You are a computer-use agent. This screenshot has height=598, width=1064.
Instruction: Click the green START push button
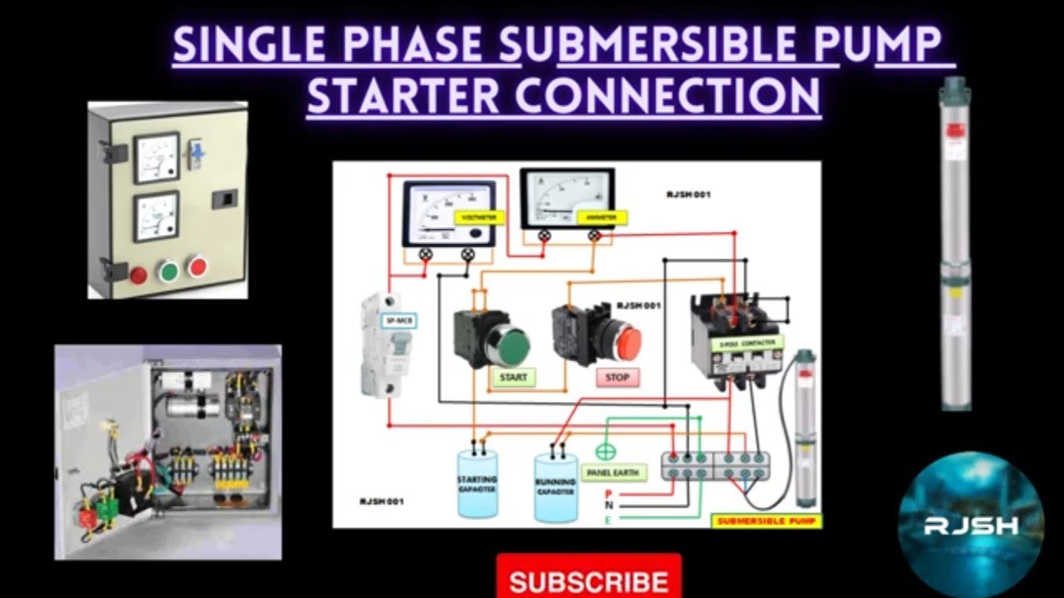click(510, 345)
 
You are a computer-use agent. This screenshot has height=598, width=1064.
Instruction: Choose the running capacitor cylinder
click(555, 488)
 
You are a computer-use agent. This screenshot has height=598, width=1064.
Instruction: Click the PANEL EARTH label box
click(617, 473)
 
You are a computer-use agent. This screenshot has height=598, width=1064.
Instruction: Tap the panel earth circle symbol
click(605, 453)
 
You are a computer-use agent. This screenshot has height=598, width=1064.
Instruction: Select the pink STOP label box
click(618, 378)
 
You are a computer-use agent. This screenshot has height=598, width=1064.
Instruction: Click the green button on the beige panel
click(169, 272)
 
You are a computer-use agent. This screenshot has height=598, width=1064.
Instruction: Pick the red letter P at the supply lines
click(608, 493)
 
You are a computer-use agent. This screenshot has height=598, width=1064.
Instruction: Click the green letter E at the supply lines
click(608, 520)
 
